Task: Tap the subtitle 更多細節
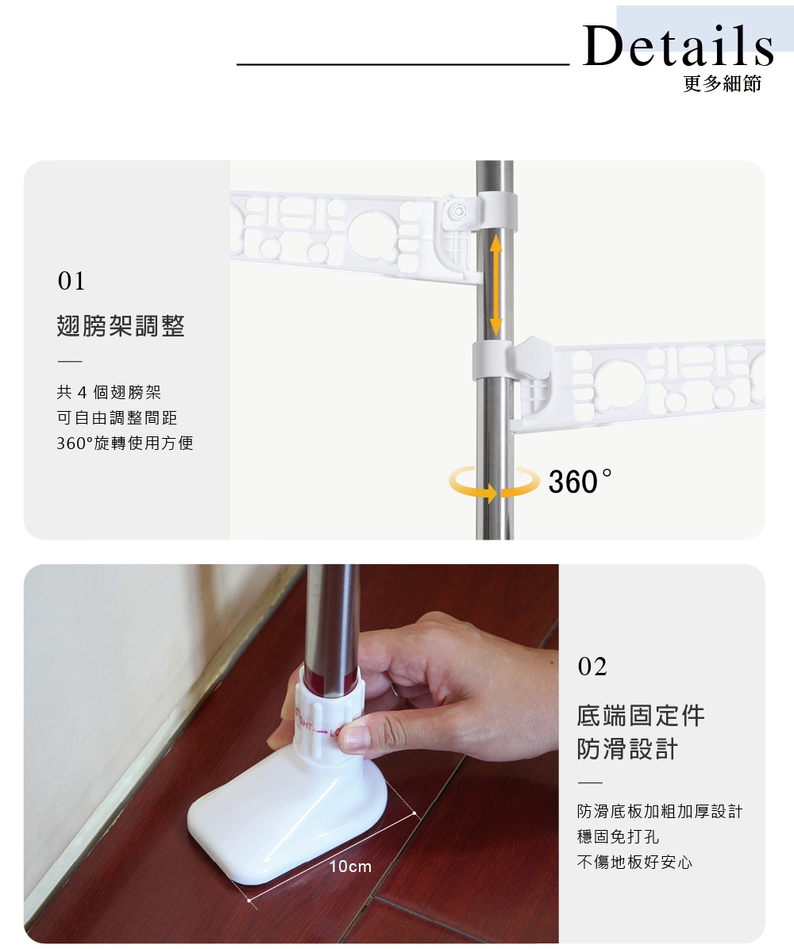(722, 83)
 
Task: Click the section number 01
(71, 282)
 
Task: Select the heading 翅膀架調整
(121, 325)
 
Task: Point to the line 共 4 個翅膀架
(109, 392)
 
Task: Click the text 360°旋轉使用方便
(125, 443)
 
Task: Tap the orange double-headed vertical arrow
(495, 283)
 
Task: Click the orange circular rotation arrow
(493, 482)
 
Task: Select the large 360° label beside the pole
(580, 482)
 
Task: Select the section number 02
(592, 667)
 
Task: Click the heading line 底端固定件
(641, 715)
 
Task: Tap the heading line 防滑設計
(627, 749)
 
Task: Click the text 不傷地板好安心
(634, 862)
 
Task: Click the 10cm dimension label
(350, 866)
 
